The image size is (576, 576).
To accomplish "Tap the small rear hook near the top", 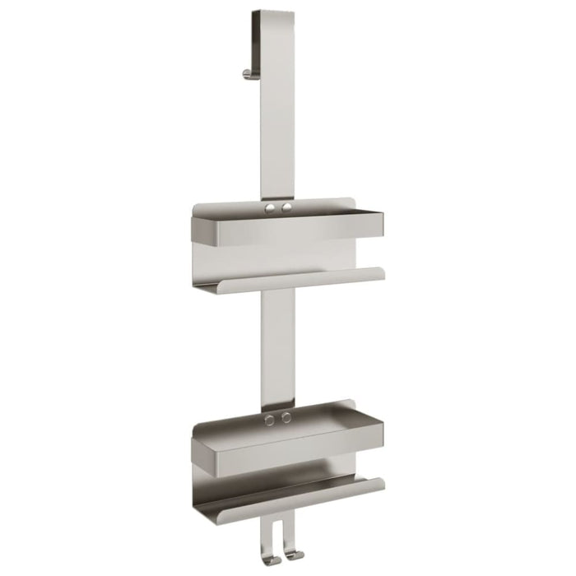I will pos(248,73).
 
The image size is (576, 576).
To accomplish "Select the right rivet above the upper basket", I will pos(286,208).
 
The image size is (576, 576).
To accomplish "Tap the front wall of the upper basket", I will pos(288,230).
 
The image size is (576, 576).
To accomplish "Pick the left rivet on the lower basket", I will pos(270,420).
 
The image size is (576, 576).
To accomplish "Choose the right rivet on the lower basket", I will pos(286,417).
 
